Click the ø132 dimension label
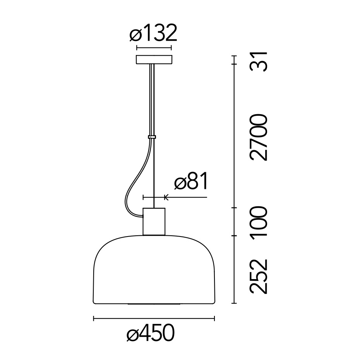153,33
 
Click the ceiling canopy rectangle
154,60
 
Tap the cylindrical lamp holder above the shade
154,221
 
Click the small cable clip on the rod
152,137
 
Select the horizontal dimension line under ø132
154,48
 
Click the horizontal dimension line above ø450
154,319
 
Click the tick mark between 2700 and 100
234,208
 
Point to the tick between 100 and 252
234,235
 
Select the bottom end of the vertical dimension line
234,303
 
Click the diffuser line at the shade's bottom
154,304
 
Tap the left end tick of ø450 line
94,319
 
